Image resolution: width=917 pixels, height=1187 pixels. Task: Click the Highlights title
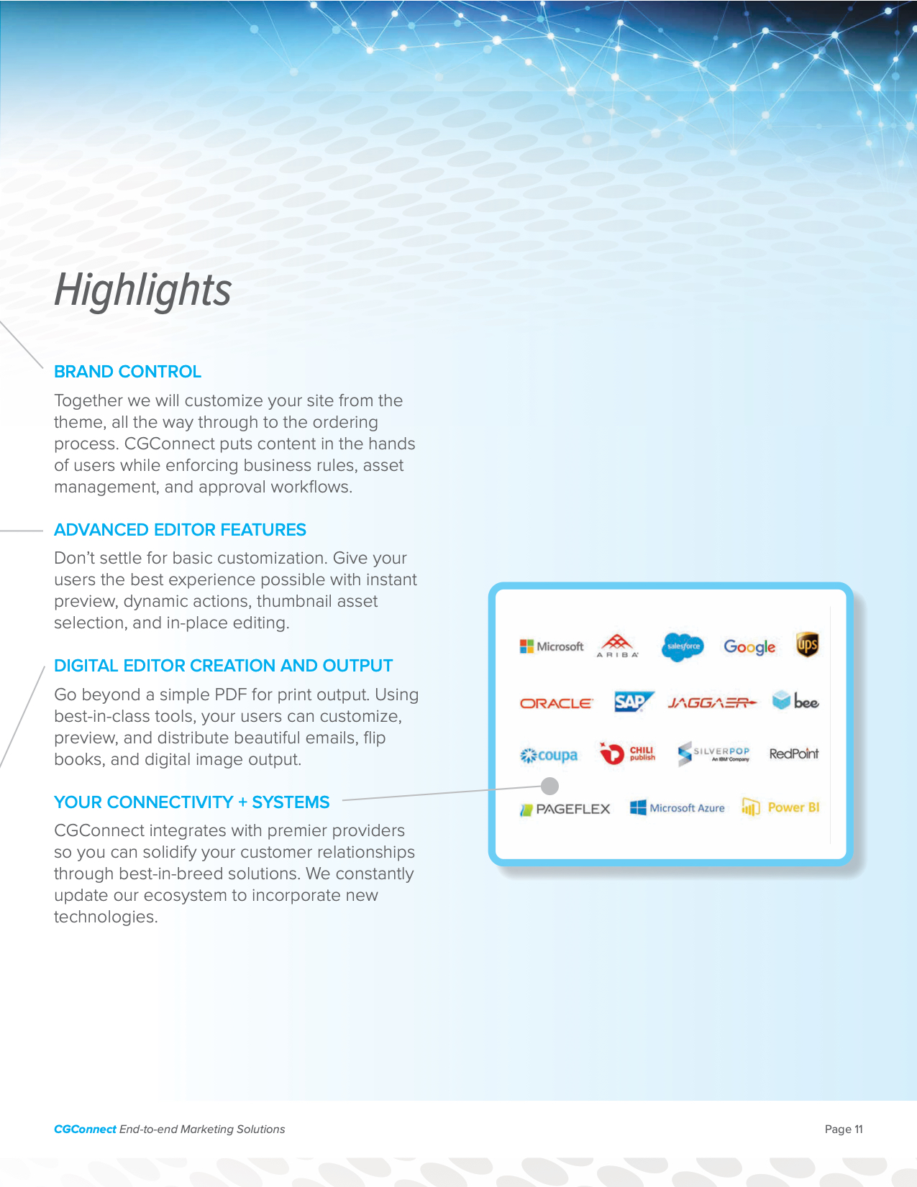(x=142, y=290)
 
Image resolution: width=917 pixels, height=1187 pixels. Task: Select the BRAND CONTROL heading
(x=127, y=372)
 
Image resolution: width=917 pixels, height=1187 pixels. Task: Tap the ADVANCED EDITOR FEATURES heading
(x=180, y=529)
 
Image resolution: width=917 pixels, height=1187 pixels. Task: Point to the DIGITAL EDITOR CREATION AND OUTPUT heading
(x=223, y=665)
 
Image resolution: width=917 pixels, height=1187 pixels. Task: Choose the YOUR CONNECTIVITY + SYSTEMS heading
(x=191, y=802)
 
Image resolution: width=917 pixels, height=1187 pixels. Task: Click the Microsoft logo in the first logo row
(x=552, y=646)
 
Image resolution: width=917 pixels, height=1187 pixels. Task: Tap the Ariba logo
(x=617, y=646)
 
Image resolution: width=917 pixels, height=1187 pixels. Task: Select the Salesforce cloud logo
(x=682, y=646)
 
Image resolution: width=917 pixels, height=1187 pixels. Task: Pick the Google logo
(x=749, y=647)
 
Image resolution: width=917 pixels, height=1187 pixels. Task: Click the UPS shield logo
(x=807, y=645)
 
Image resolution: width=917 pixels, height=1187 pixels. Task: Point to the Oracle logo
(x=557, y=703)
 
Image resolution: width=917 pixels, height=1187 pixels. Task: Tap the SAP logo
(x=634, y=702)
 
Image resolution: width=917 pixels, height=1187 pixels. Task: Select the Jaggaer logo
(x=712, y=702)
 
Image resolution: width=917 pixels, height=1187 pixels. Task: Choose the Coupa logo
(x=549, y=756)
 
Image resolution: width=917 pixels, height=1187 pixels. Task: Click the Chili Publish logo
(x=627, y=753)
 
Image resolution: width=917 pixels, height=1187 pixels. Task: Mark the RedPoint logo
(x=794, y=753)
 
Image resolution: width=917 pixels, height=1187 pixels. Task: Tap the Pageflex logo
(x=565, y=809)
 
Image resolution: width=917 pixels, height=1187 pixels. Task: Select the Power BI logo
(x=780, y=807)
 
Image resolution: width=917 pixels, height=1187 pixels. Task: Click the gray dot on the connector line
(x=549, y=786)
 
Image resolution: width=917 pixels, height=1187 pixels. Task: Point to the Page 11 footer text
(x=844, y=1129)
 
